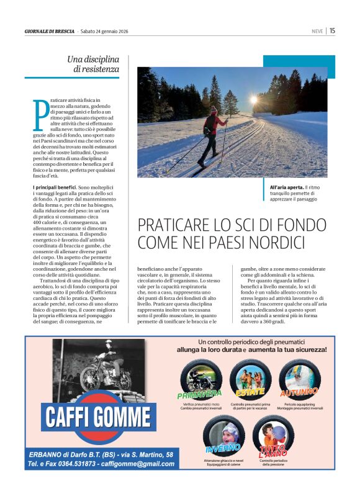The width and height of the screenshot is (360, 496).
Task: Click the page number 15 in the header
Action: (333, 30)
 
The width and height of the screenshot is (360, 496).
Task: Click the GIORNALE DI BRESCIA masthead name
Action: (49, 31)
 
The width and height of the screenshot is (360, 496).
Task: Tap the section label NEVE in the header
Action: (317, 31)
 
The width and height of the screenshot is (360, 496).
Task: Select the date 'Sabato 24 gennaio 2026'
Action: (109, 31)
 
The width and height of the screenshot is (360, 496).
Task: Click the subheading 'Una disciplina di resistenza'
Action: (92, 64)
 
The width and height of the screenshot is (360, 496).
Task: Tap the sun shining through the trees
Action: (253, 99)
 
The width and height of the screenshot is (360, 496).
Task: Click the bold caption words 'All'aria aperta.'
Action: (286, 187)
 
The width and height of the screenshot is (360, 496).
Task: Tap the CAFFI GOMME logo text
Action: (101, 417)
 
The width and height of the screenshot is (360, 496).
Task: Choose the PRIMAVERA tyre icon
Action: (201, 379)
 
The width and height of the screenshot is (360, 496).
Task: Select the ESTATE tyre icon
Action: (250, 378)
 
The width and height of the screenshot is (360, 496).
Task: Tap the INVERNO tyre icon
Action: (224, 435)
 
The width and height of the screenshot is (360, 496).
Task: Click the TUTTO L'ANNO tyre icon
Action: (274, 435)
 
